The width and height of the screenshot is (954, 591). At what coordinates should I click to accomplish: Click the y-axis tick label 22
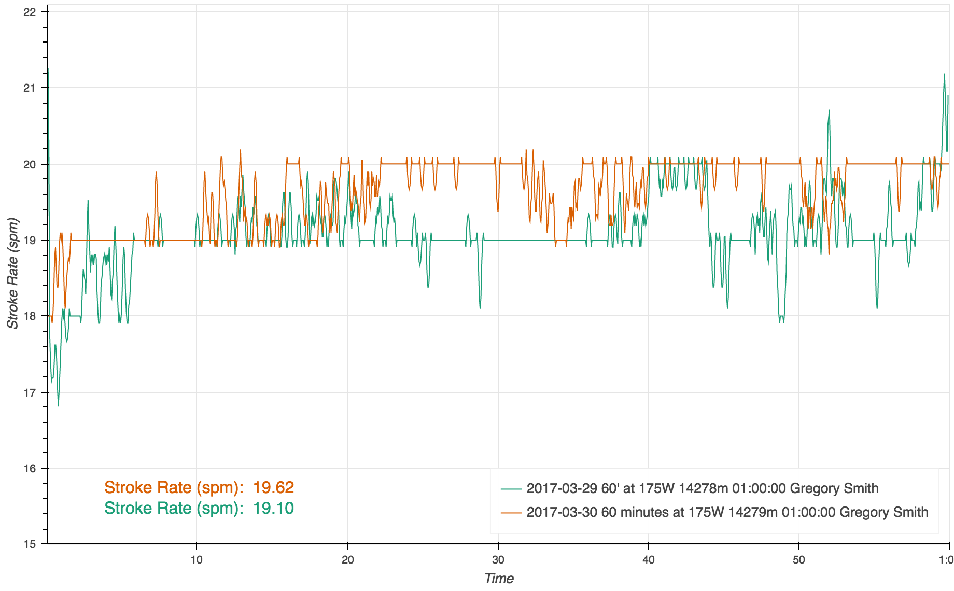pyautogui.click(x=30, y=12)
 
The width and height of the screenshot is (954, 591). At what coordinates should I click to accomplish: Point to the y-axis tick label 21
pyautogui.click(x=30, y=88)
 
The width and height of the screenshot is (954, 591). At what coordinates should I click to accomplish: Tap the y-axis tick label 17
pyautogui.click(x=30, y=392)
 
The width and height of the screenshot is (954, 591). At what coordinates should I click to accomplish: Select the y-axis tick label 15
pyautogui.click(x=30, y=544)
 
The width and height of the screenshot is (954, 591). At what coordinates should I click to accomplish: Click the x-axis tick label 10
pyautogui.click(x=197, y=559)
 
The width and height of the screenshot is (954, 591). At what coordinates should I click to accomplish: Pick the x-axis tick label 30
pyautogui.click(x=498, y=559)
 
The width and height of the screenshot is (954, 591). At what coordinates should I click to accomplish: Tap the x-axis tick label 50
pyautogui.click(x=799, y=559)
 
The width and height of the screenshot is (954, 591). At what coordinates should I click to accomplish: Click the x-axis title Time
pyautogui.click(x=499, y=579)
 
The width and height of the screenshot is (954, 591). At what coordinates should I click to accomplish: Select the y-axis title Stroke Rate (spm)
pyautogui.click(x=12, y=274)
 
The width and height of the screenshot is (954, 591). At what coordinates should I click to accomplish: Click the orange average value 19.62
pyautogui.click(x=273, y=487)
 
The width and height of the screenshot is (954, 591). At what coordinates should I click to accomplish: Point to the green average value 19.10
pyautogui.click(x=273, y=508)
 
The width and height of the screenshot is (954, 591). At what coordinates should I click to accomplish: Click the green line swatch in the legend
pyautogui.click(x=511, y=489)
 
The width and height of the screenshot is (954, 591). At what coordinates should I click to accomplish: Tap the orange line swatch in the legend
pyautogui.click(x=511, y=513)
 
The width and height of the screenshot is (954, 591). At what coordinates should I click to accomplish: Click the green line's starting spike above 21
pyautogui.click(x=48, y=69)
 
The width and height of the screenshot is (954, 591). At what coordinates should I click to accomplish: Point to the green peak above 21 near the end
pyautogui.click(x=944, y=75)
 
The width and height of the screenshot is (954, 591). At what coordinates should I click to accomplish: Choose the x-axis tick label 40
pyautogui.click(x=649, y=559)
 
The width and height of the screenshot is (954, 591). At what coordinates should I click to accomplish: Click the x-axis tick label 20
pyautogui.click(x=348, y=559)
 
